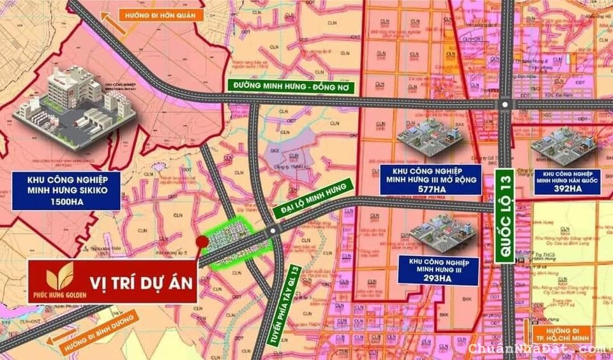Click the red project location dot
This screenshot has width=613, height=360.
tap(201, 241)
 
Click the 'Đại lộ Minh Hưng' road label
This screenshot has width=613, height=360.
tap(314, 197)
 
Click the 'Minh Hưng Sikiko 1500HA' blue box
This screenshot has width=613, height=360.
tap(66, 190)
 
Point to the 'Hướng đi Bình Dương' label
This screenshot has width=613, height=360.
tap(98, 333)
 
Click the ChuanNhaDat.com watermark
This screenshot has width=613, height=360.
tap(536, 349)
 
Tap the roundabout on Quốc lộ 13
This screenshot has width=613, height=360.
tap(506, 105)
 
